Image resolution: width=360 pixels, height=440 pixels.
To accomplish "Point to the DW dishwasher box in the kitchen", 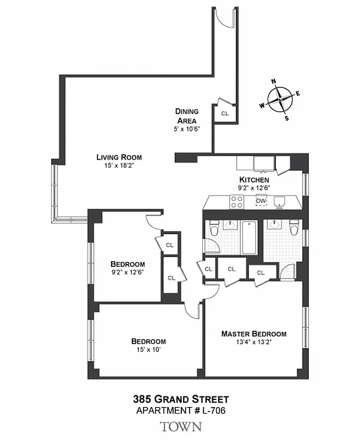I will [x=261, y=201].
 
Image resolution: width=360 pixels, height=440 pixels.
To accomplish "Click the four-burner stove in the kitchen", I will [x=236, y=202].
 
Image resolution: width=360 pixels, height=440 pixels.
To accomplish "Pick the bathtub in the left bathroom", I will [x=248, y=237].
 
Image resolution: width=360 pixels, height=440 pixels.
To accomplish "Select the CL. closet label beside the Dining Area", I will [x=225, y=113].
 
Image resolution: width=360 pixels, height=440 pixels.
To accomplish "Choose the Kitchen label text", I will [x=254, y=180].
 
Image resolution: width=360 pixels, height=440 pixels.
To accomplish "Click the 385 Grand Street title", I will [x=180, y=399].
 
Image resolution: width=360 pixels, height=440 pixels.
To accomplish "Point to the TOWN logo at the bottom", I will [x=180, y=426].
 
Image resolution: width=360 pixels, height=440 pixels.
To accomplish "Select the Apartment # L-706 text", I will [x=180, y=410].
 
